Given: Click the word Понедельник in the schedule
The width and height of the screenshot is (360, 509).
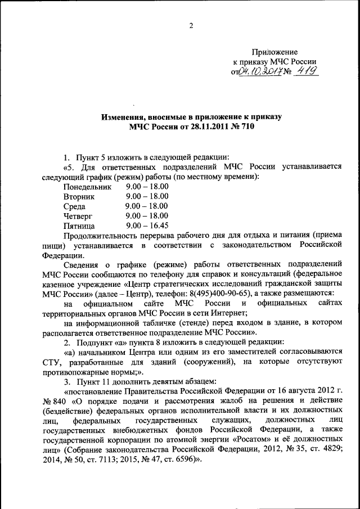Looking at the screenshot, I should (87, 186).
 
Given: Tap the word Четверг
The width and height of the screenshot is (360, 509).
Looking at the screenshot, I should (78, 216).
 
